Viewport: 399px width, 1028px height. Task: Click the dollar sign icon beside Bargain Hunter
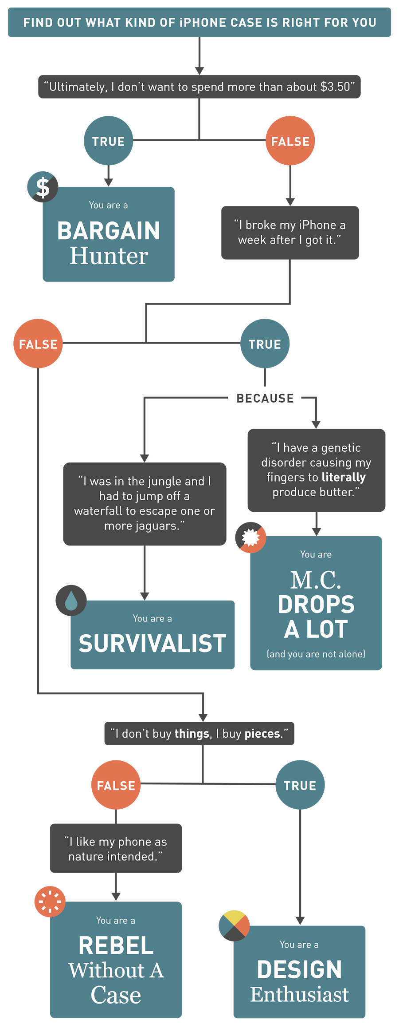click(x=43, y=187)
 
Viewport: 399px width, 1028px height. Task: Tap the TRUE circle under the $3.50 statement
click(x=109, y=141)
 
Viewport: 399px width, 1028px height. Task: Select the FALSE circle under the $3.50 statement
click(x=290, y=141)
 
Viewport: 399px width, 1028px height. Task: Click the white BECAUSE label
click(x=265, y=398)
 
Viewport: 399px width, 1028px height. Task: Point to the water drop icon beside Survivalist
click(x=71, y=600)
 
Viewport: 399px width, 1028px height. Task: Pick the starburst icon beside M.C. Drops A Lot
click(x=250, y=537)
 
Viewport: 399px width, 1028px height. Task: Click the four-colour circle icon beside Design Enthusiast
click(x=234, y=925)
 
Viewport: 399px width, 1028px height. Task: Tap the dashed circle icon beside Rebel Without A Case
click(x=50, y=901)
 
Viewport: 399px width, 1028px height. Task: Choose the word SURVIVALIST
click(x=153, y=643)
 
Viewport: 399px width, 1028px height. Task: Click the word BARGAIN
click(x=109, y=231)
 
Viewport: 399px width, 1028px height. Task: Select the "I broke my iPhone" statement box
click(x=290, y=233)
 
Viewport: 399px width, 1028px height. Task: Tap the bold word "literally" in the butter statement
click(x=344, y=477)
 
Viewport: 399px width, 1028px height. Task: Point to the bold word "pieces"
click(x=262, y=734)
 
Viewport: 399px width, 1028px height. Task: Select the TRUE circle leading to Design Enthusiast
click(x=300, y=785)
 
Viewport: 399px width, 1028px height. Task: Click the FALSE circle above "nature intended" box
click(x=116, y=785)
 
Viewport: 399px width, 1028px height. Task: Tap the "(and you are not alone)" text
click(x=316, y=654)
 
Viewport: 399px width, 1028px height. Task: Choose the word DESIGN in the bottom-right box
click(x=299, y=969)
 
